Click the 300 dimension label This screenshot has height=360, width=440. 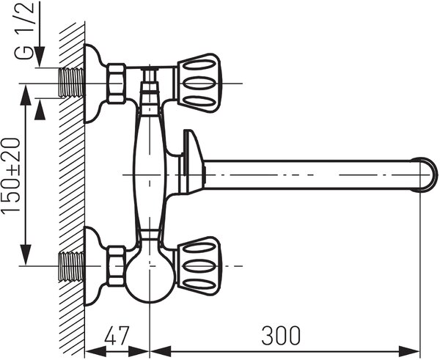click(x=281, y=335)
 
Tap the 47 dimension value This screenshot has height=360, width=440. click(x=117, y=335)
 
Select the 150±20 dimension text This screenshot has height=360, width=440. click(x=11, y=175)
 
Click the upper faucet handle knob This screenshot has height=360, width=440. click(x=199, y=84)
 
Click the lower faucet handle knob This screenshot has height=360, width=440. click(x=199, y=266)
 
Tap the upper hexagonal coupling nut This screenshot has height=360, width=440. click(x=117, y=84)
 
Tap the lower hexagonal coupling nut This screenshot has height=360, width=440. click(x=117, y=266)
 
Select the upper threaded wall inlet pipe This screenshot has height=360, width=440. click(x=72, y=83)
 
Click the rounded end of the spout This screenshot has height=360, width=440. click(x=429, y=175)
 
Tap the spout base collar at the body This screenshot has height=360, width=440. click(x=192, y=162)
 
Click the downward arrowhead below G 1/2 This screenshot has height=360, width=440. click(x=40, y=56)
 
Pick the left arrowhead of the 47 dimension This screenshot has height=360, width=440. click(x=95, y=351)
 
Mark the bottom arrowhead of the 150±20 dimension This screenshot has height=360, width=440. click(x=26, y=254)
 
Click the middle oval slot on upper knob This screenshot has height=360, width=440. click(x=199, y=84)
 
